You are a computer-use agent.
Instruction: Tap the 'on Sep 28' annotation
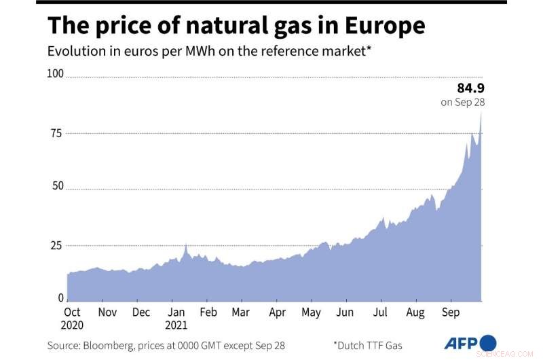coord(463,103)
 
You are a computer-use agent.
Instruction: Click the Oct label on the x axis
coord(71,312)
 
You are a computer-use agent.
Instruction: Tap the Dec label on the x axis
coord(141,312)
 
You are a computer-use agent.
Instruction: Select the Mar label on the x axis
coord(240,312)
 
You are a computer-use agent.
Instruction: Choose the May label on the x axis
coord(311,312)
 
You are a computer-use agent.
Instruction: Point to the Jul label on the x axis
coord(380,312)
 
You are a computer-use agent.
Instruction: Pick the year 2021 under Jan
coord(175,325)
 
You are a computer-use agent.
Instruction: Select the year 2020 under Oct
coord(71,325)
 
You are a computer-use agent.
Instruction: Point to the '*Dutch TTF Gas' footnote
coord(367,345)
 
